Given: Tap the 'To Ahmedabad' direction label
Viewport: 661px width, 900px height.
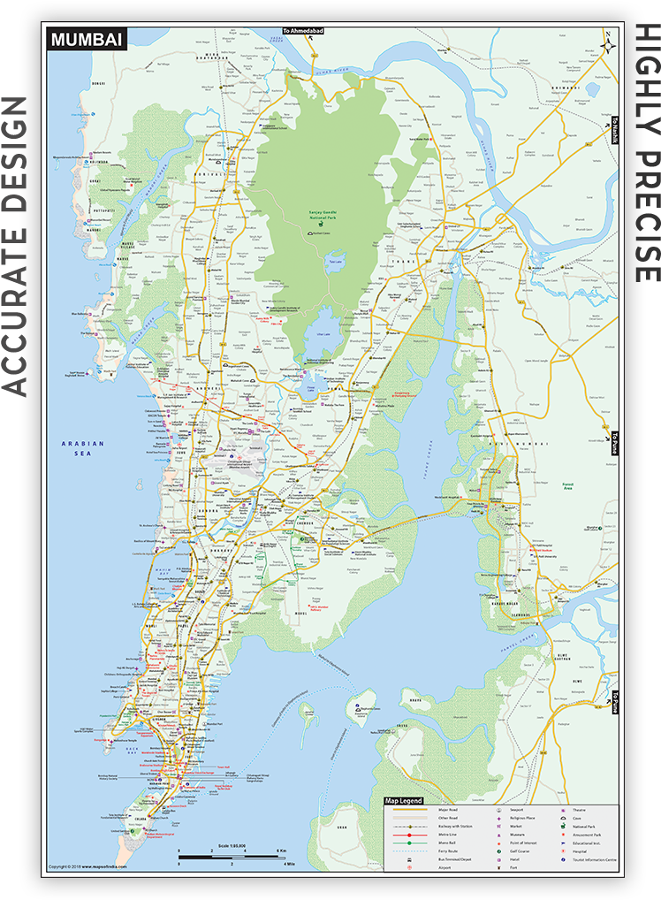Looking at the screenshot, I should (303, 31).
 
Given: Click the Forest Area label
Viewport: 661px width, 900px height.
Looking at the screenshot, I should (568, 486).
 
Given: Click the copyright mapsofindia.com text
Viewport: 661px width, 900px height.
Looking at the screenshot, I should (88, 866).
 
